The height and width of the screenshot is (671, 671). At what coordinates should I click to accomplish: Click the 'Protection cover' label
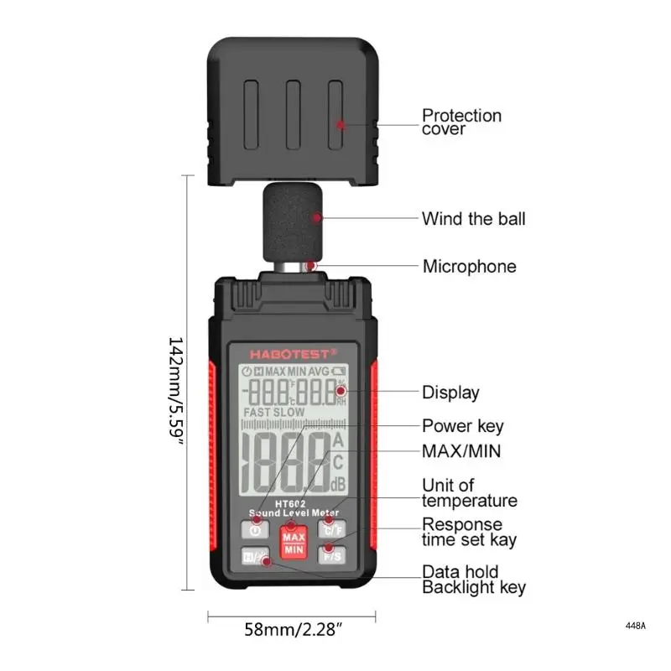(x=461, y=122)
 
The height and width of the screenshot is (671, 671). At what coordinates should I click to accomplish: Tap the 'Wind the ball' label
(x=473, y=219)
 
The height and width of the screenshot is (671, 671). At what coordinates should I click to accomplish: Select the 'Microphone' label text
(x=469, y=267)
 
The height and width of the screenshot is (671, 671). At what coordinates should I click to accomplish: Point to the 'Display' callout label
(x=450, y=393)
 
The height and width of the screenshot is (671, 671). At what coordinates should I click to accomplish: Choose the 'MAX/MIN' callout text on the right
(x=461, y=451)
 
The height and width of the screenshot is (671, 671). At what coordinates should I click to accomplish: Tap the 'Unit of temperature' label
(x=469, y=493)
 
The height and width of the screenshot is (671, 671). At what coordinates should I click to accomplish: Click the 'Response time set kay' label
(x=469, y=533)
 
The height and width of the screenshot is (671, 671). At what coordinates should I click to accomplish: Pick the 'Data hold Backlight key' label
(x=473, y=579)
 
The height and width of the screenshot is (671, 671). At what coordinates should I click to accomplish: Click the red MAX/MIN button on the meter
(x=294, y=543)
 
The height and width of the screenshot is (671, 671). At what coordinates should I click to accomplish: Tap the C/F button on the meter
(x=329, y=528)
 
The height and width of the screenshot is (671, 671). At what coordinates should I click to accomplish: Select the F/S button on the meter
(x=329, y=555)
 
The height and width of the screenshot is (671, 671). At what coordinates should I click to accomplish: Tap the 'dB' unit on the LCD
(x=338, y=483)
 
